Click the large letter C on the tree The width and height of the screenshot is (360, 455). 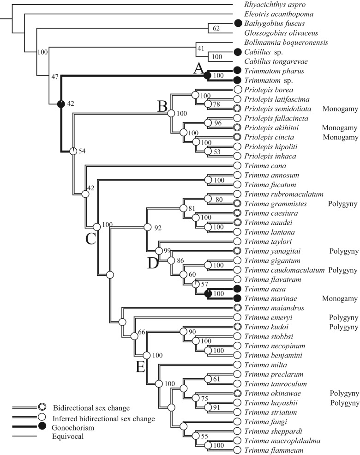click(90, 239)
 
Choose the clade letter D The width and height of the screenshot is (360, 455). click(152, 263)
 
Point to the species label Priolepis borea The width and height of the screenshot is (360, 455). click(267, 89)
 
